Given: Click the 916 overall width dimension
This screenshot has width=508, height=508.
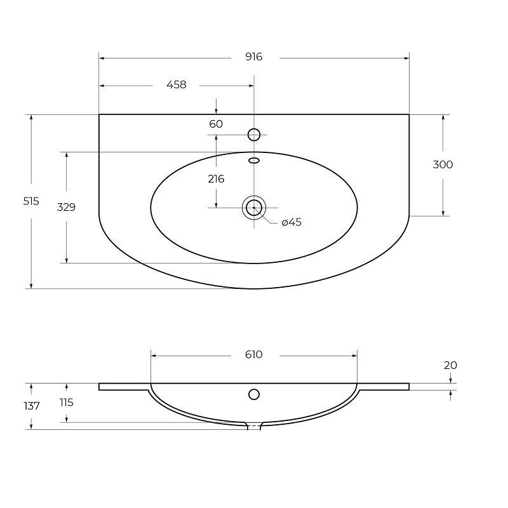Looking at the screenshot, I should (253, 57).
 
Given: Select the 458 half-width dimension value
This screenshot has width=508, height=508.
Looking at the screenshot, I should (177, 84).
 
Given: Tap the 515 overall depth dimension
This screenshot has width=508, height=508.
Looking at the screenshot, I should (31, 201).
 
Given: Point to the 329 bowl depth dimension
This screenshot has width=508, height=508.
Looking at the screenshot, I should (66, 206).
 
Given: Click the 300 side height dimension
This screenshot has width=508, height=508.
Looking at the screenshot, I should (443, 164).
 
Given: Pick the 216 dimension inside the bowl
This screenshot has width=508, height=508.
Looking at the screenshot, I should (216, 179).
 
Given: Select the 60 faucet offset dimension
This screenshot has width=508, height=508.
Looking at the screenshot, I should (216, 124).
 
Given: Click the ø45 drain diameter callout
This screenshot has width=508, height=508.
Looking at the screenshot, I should (291, 222).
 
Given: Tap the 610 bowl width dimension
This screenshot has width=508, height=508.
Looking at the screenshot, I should (253, 354).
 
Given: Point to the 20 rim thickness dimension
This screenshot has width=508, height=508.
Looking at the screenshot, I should (450, 365).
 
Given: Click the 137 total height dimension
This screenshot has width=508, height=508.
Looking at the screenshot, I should (31, 406).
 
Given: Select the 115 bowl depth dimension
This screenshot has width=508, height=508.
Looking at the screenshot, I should (66, 402).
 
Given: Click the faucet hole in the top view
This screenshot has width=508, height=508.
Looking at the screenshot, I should (254, 134).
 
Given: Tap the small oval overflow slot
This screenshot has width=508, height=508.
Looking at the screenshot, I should (254, 160).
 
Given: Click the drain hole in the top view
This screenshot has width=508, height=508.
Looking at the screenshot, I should (254, 208).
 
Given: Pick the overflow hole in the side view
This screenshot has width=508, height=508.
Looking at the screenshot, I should (254, 394).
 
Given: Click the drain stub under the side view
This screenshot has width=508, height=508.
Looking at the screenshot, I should (254, 426).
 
